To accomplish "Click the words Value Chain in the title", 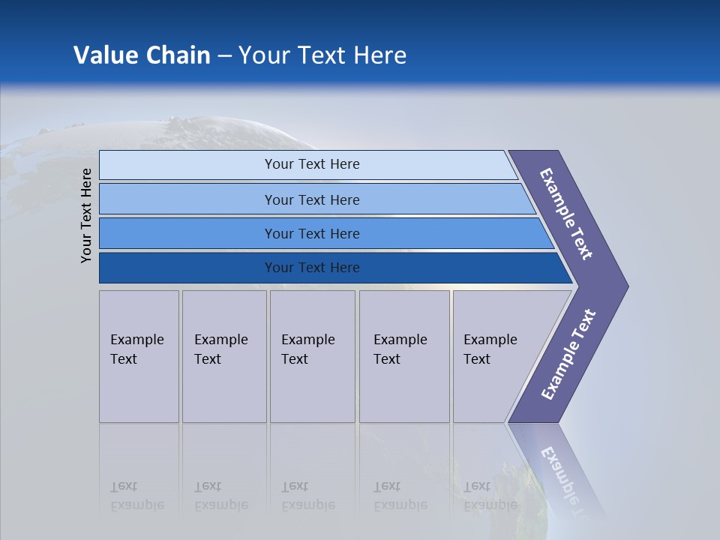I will (142, 55).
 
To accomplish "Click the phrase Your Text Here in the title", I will (322, 55).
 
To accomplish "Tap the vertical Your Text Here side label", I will (86, 215).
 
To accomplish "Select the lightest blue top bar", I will (187, 165).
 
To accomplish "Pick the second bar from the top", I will (187, 199).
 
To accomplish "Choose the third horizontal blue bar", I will (187, 233).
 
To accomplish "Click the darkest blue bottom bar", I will (187, 268).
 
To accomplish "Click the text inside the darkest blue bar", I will (312, 268).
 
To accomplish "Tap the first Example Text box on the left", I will (139, 356).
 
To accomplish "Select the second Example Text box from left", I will (224, 356).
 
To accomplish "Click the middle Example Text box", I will (312, 356).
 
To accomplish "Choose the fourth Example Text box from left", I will (404, 356).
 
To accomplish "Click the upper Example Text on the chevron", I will (566, 214).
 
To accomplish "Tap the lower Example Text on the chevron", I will (568, 355).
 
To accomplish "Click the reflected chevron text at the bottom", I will (566, 480).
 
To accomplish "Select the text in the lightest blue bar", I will (312, 164).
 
